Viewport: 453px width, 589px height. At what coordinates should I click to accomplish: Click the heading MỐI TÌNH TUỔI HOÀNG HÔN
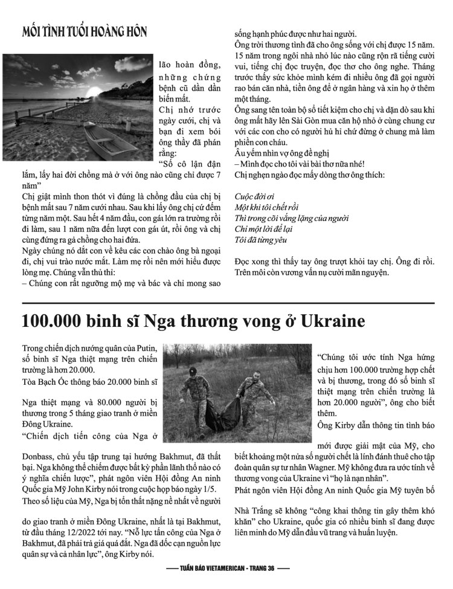(x=84, y=31)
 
